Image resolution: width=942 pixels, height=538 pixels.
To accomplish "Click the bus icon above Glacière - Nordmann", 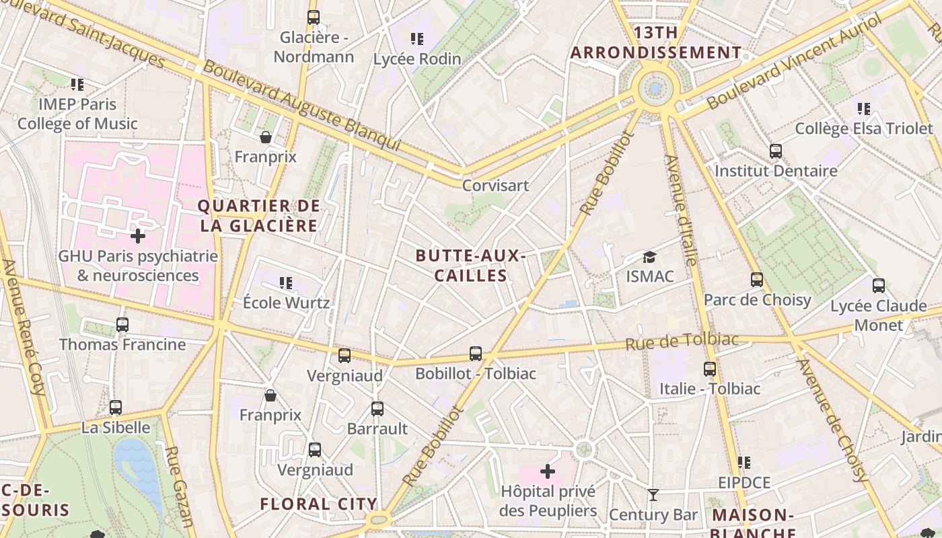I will [313, 17].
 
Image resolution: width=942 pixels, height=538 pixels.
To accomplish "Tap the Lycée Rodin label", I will [417, 59].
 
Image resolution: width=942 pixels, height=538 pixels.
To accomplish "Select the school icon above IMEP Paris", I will [77, 85].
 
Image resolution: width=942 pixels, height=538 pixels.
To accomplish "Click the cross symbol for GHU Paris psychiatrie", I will [138, 235].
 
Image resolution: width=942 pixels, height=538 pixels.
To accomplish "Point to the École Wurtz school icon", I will [286, 283].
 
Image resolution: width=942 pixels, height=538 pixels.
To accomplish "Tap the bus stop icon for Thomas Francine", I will [122, 325].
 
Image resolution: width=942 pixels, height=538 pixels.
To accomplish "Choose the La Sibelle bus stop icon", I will [116, 408].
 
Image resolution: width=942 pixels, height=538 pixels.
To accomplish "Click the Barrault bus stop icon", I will [377, 409].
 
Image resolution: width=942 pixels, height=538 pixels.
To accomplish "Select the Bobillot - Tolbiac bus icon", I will [476, 353].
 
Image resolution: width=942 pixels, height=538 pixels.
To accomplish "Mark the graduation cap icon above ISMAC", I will [649, 257].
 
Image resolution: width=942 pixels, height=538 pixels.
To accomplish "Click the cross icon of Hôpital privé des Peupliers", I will [548, 471].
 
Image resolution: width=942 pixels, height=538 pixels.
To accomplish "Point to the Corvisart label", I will [495, 185].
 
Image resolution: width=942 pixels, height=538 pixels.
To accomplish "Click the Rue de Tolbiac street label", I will [682, 342].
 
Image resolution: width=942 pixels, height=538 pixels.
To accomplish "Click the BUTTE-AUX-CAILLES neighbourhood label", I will [470, 266].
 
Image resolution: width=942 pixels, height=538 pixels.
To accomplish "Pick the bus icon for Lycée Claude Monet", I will [878, 286].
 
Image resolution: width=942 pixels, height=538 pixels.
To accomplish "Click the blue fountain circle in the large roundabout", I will [655, 87].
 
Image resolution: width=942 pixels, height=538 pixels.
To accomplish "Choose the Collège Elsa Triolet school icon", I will [864, 108].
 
